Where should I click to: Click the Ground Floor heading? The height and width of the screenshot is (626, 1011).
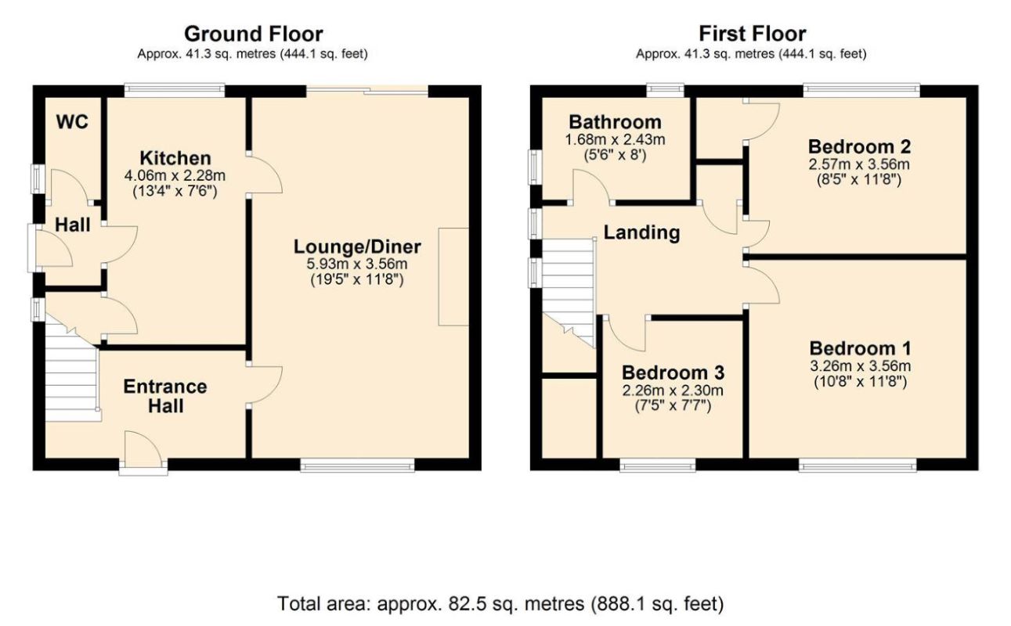point(253,34)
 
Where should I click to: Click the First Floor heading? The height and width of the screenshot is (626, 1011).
point(753,34)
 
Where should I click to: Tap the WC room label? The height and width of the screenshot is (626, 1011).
point(72,122)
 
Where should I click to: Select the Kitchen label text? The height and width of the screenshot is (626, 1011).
point(175,158)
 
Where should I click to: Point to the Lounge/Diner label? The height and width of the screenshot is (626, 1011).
point(357,247)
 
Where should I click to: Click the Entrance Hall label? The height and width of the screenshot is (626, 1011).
point(165,397)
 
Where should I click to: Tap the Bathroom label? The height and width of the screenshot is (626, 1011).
point(616,122)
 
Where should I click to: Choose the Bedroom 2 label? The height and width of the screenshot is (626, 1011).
point(859,147)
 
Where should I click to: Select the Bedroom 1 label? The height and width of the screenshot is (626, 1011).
point(861,349)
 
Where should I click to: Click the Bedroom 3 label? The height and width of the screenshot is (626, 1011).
point(673,373)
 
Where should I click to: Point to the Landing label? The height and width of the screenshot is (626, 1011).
point(642,232)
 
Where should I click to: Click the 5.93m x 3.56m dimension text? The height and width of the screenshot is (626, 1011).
point(357,264)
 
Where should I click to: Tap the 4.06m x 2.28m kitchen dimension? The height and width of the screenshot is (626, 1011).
point(175,175)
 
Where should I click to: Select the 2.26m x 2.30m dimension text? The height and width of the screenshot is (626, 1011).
point(673,390)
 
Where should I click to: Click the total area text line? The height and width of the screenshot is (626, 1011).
point(500,603)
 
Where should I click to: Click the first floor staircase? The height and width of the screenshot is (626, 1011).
point(569,293)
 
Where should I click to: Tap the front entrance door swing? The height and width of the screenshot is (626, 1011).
point(143,448)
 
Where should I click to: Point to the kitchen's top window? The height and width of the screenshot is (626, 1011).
point(174,90)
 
